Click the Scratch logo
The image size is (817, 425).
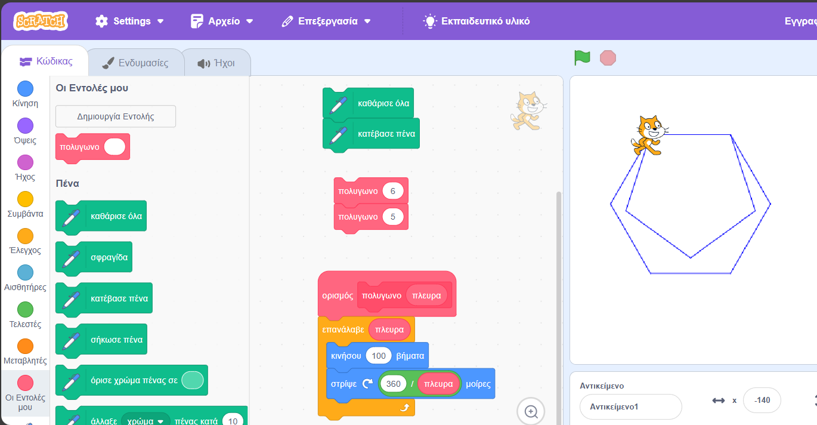[41, 21]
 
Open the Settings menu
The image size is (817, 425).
[129, 21]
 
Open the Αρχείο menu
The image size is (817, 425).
[222, 21]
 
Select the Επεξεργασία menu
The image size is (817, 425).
[326, 21]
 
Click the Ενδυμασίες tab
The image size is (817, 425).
[136, 63]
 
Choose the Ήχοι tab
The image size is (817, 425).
[216, 63]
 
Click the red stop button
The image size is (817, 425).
[608, 58]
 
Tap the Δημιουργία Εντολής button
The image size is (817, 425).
[116, 116]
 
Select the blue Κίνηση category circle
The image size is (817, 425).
[25, 89]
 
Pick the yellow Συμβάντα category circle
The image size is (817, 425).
[25, 199]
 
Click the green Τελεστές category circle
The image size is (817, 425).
[25, 310]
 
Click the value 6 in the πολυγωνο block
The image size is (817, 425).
[393, 191]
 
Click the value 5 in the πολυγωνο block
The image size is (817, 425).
[393, 217]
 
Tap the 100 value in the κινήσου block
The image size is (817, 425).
[379, 356]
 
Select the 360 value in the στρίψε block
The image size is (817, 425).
[393, 384]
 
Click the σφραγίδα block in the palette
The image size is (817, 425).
[94, 258]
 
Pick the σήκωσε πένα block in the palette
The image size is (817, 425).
[101, 340]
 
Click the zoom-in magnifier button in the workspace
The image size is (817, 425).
[531, 411]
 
